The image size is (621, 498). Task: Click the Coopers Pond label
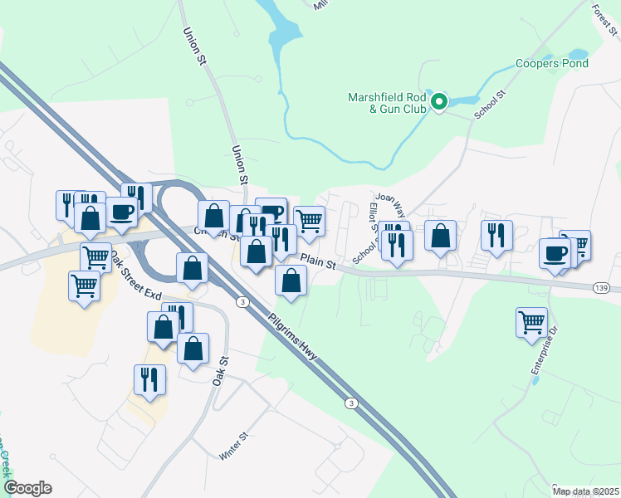[x=552, y=64]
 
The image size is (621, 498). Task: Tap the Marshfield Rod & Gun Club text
[x=387, y=103]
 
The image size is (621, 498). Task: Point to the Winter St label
[x=233, y=446]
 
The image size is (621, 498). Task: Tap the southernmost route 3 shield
[x=352, y=403]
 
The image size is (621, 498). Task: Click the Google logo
[x=27, y=488]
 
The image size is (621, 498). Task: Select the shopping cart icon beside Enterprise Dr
[x=531, y=321]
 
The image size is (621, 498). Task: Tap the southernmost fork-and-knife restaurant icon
[x=149, y=379]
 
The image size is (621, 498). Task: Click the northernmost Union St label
[x=193, y=45]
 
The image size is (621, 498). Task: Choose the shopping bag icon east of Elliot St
[x=440, y=235]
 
